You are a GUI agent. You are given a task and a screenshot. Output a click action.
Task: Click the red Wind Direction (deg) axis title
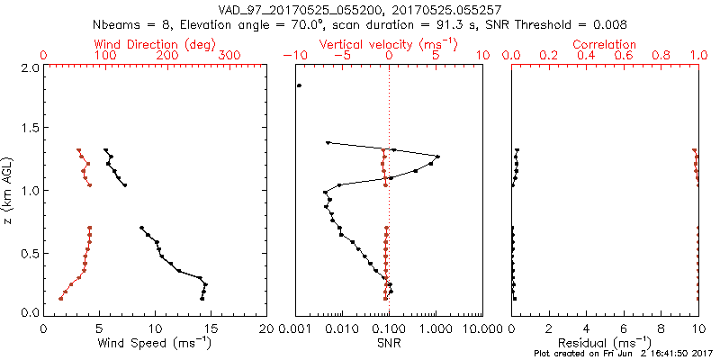(155, 44)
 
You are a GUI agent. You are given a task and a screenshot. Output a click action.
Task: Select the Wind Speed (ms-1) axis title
(156, 343)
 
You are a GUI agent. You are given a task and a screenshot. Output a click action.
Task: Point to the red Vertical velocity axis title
(388, 44)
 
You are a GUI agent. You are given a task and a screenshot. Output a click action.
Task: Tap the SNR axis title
(389, 343)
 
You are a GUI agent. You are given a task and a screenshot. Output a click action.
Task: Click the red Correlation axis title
(605, 44)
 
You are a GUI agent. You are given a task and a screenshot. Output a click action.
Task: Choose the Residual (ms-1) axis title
(605, 343)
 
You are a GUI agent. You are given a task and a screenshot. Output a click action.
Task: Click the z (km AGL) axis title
(9, 190)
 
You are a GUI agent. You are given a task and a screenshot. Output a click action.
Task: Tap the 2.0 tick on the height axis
(29, 68)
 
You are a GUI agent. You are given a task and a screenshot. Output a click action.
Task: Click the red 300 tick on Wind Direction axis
(229, 56)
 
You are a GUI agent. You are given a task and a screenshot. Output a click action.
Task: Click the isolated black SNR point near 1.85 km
(299, 85)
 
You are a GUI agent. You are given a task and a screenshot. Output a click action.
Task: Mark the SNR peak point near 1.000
(437, 157)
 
